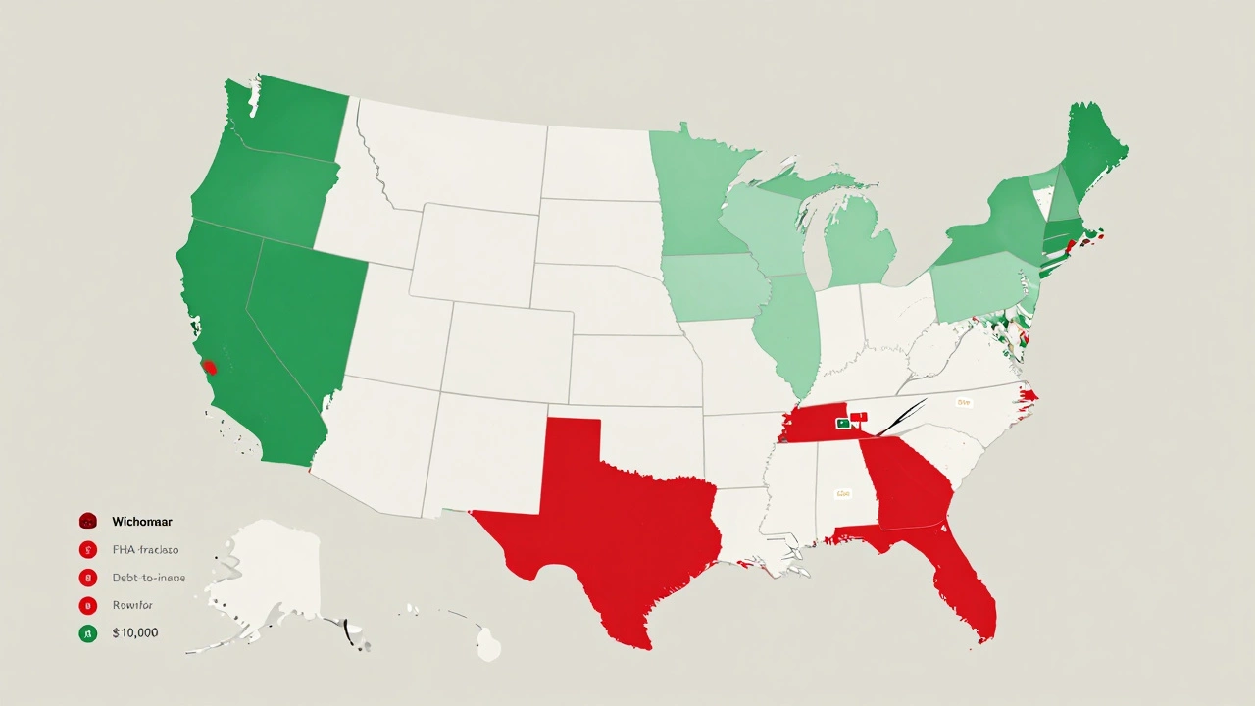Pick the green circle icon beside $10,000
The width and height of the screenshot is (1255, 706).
87,633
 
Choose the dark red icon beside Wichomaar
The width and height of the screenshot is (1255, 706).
87,522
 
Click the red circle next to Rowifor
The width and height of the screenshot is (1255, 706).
87,605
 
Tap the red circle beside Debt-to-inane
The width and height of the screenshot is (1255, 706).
87,578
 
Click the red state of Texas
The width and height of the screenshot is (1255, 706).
608,520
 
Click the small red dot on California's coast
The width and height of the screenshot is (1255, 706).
209,368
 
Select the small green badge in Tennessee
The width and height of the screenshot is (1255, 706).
841,424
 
